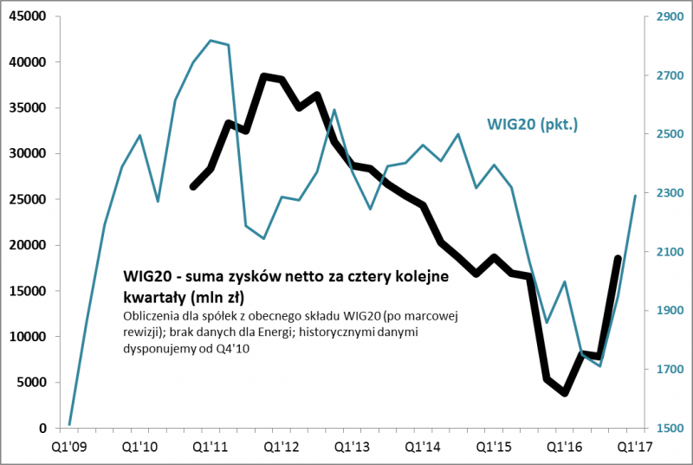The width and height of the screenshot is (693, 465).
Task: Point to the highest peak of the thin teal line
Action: [210, 40]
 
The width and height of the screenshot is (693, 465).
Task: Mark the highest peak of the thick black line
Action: [264, 76]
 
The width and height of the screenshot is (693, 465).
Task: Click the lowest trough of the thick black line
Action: [565, 393]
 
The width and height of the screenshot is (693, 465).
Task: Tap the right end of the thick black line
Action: [618, 258]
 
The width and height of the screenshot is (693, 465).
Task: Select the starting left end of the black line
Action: [192, 187]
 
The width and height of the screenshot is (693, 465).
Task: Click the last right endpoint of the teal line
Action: [635, 196]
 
